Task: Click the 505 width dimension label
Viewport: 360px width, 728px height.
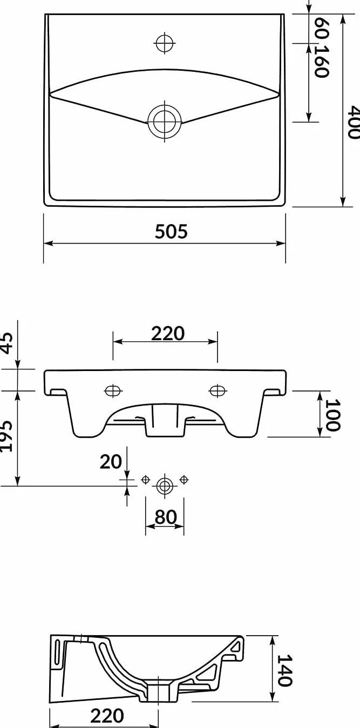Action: coord(171,231)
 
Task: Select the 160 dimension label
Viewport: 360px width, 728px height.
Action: coord(322,62)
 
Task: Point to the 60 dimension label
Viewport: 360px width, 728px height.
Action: coord(322,28)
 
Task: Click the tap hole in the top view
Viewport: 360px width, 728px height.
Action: coord(165,43)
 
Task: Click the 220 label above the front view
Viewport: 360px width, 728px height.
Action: coord(168,333)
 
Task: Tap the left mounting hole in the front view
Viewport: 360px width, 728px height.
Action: coord(113,390)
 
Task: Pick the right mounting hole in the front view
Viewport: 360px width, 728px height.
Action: coord(218,390)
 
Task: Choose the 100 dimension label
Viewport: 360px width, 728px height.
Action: coord(332,415)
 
